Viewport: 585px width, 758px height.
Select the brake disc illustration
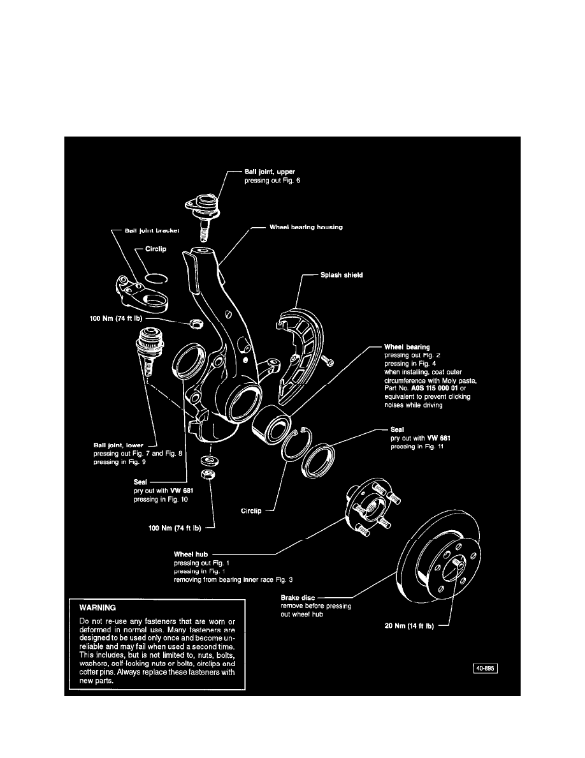[x=445, y=562]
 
